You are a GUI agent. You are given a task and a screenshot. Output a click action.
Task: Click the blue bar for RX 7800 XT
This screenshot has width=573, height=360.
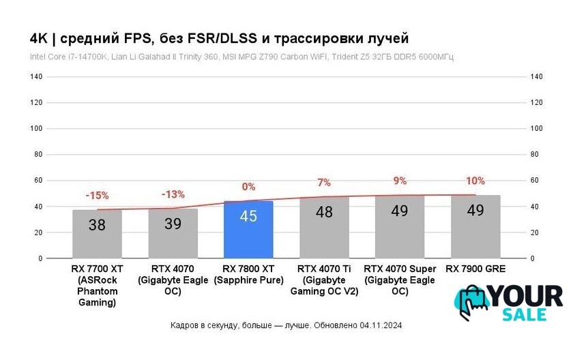pyautogui.click(x=248, y=230)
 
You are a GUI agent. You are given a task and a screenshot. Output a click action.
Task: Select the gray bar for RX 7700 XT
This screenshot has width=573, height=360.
pyautogui.click(x=98, y=234)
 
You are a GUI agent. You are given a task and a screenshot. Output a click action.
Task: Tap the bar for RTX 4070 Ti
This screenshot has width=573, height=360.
pyautogui.click(x=324, y=228)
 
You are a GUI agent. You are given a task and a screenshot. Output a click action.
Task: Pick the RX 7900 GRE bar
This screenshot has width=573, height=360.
pyautogui.click(x=475, y=227)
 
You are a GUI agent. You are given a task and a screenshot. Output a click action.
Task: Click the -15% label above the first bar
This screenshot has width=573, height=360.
pyautogui.click(x=97, y=196)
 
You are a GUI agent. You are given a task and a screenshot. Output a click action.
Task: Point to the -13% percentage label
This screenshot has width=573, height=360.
pyautogui.click(x=173, y=194)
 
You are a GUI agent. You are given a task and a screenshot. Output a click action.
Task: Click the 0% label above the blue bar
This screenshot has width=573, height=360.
pyautogui.click(x=248, y=186)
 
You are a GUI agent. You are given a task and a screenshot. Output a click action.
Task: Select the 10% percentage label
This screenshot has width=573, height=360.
pyautogui.click(x=475, y=181)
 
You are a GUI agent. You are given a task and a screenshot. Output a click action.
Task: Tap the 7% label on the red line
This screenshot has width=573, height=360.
pyautogui.click(x=324, y=183)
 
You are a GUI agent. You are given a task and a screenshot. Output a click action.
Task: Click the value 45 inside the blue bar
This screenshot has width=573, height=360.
pyautogui.click(x=248, y=216)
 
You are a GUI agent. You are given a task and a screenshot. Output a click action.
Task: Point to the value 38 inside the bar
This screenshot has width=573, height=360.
pyautogui.click(x=98, y=224)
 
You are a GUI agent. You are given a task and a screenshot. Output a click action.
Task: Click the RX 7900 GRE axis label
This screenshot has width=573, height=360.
pyautogui.click(x=475, y=269)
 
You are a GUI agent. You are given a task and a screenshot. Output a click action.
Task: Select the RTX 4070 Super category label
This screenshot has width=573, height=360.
pyautogui.click(x=400, y=280)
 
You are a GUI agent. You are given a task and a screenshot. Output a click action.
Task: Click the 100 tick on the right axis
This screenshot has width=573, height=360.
pyautogui.click(x=536, y=129)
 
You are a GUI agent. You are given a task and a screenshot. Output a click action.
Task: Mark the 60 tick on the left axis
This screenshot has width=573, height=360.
pyautogui.click(x=38, y=181)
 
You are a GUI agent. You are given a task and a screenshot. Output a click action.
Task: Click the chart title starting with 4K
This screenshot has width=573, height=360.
pyautogui.click(x=219, y=37)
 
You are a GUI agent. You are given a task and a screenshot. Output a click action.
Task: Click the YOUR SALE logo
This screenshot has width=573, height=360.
pyautogui.click(x=509, y=302)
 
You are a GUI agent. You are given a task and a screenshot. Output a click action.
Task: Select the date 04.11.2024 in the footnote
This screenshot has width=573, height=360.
pyautogui.click(x=381, y=326)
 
